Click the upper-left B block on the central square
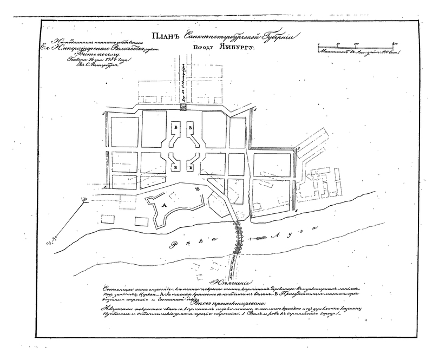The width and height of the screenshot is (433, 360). pyautogui.click(x=175, y=126)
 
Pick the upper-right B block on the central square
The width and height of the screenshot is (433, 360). pyautogui.click(x=190, y=126)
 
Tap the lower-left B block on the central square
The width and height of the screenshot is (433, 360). pyautogui.click(x=175, y=167)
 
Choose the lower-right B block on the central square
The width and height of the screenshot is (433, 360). pyautogui.click(x=190, y=167)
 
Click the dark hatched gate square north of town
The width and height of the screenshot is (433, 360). pyautogui.click(x=183, y=108)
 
